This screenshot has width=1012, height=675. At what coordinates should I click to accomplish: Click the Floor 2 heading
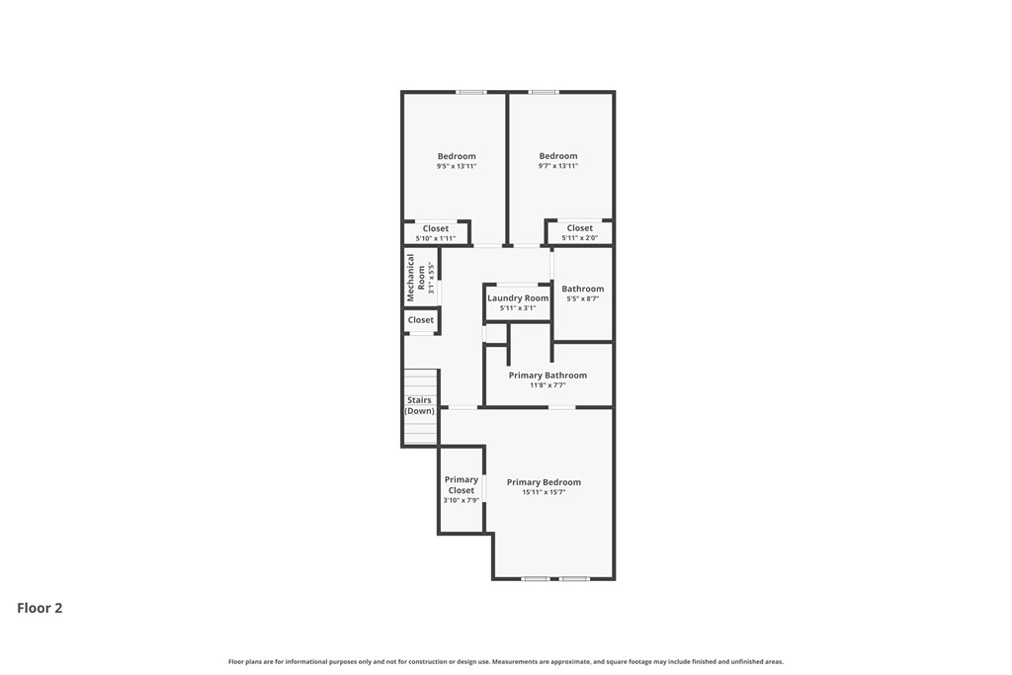tap(40, 608)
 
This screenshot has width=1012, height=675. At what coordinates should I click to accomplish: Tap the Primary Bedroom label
tap(544, 482)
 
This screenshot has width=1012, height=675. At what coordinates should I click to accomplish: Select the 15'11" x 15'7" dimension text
tap(544, 492)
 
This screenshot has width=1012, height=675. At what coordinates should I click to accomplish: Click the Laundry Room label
tap(518, 298)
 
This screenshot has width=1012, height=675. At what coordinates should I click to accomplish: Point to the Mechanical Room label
tap(416, 278)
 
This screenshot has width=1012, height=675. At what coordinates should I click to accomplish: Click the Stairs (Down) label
tap(419, 405)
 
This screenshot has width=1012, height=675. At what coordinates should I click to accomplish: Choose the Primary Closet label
tap(461, 484)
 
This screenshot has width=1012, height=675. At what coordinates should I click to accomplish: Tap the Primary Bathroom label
tap(548, 375)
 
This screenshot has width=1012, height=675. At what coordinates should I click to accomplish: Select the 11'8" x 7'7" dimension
tap(548, 385)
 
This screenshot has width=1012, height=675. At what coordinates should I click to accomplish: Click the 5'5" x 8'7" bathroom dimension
tap(582, 298)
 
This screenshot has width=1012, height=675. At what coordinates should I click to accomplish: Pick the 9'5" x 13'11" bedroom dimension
tap(457, 166)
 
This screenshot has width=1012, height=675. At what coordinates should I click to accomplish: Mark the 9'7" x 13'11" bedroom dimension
tap(557, 166)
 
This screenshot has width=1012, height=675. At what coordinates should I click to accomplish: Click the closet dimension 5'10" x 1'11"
tap(436, 238)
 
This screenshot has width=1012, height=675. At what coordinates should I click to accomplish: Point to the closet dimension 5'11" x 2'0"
tap(579, 237)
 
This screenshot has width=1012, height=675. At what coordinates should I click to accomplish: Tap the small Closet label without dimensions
tap(421, 320)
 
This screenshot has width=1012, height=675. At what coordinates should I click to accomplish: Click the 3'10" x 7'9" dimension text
tap(461, 500)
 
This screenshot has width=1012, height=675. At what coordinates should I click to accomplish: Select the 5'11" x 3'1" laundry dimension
tap(518, 308)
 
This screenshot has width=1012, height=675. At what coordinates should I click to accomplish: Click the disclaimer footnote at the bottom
tap(506, 661)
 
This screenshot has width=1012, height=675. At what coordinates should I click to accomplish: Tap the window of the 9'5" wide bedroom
tap(471, 92)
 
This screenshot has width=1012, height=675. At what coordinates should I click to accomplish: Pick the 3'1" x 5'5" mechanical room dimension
tap(432, 278)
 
